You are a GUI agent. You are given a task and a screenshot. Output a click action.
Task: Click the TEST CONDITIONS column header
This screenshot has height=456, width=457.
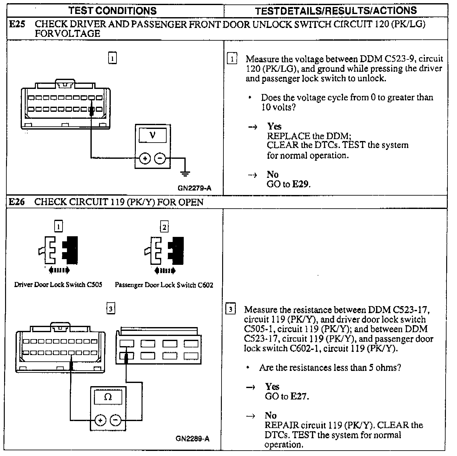113,10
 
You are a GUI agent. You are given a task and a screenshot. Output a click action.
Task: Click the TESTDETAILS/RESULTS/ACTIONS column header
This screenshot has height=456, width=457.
336,10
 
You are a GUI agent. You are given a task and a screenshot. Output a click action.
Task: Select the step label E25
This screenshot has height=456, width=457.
17,24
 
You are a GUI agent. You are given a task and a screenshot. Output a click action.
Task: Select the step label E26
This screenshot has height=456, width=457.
17,202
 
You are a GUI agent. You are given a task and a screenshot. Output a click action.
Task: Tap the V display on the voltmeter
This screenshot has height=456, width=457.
153,136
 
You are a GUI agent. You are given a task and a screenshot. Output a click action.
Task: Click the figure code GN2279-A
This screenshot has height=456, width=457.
195,188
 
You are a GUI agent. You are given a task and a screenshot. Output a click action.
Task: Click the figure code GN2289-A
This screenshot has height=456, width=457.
192,439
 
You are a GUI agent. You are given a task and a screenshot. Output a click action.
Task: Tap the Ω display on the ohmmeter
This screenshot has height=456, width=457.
108,397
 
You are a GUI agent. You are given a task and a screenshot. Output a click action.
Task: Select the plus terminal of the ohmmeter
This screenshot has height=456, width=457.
100,420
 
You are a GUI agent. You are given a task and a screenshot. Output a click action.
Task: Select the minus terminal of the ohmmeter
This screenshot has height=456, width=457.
115,420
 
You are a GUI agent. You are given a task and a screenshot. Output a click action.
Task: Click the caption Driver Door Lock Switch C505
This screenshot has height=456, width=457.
58,285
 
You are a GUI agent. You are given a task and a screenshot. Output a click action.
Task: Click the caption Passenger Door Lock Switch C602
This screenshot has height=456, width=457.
164,285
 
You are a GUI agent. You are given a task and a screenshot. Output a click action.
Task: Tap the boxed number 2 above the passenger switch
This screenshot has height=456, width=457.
164,227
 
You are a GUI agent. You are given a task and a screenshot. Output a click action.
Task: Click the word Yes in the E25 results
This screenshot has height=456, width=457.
274,126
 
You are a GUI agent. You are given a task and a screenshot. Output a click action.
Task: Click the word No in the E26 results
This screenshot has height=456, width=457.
271,415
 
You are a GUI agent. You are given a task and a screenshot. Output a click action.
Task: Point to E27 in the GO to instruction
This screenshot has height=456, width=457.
299,396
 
